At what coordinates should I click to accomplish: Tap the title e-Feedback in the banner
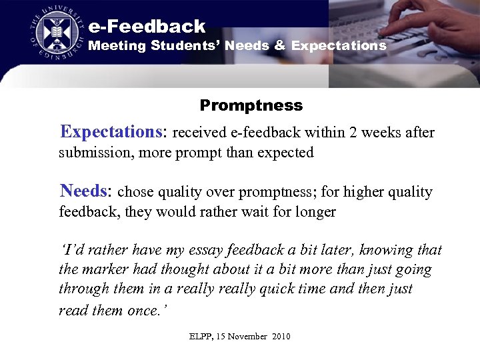[147, 27]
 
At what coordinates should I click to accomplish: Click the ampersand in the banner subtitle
[279, 46]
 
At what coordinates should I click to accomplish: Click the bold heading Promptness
[251, 105]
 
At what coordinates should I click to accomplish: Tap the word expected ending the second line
[286, 153]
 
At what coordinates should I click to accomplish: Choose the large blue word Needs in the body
[83, 191]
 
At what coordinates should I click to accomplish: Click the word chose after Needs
[135, 193]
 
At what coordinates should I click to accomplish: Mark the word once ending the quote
[141, 310]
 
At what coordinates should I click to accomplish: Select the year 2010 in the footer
[279, 337]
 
